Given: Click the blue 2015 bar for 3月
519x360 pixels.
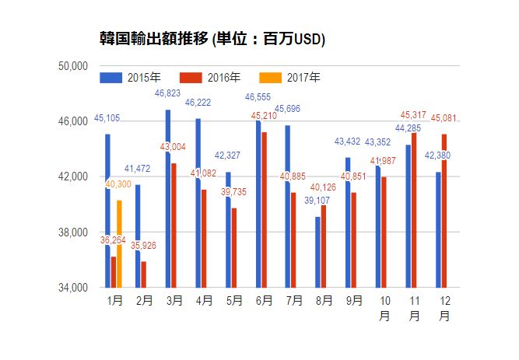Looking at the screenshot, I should [167, 198].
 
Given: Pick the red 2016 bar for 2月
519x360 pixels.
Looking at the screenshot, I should [144, 274].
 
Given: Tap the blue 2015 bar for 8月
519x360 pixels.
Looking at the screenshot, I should [317, 252].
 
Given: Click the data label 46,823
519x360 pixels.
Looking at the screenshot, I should [167, 93].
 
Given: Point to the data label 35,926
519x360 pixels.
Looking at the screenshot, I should [144, 246].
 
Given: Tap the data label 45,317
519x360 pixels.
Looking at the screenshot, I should [414, 115].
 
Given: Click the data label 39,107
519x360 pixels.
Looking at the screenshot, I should [317, 201].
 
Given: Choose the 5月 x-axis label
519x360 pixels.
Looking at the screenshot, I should [231, 300].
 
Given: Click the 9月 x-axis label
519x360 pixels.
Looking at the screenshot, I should [353, 300].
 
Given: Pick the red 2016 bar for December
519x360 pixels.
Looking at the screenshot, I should [444, 211].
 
